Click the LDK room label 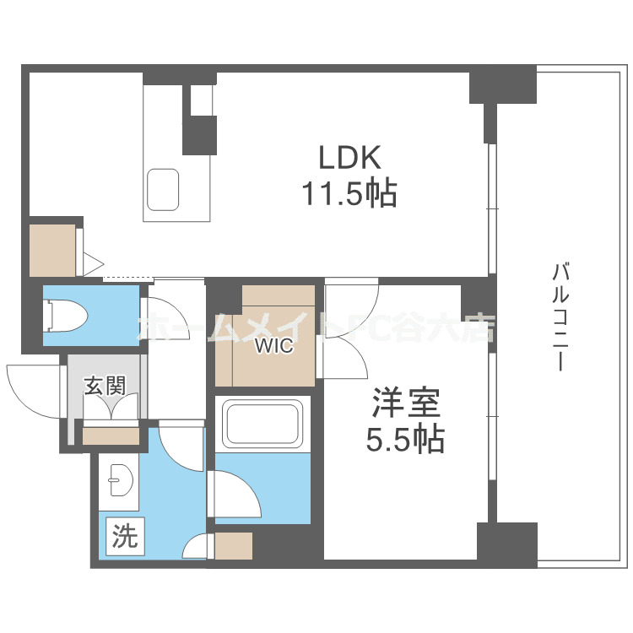click(x=350, y=158)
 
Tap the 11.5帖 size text click(x=350, y=195)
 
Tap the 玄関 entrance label click(x=105, y=387)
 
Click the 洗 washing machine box click(x=125, y=538)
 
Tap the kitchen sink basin click(x=164, y=188)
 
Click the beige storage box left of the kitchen click(x=52, y=250)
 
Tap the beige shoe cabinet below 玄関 click(x=111, y=436)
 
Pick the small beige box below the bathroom click(x=234, y=547)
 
